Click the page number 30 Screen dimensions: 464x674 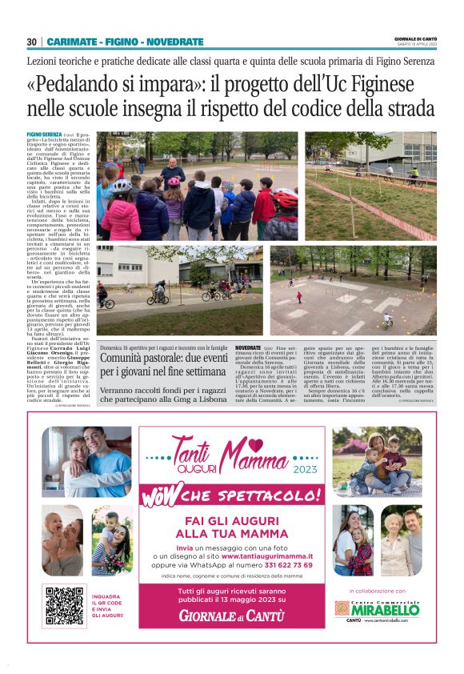32,42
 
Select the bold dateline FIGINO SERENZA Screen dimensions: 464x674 44,134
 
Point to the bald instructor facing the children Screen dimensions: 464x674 170,170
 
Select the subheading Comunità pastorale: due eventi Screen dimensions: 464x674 164,363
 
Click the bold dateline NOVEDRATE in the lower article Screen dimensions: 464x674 249,350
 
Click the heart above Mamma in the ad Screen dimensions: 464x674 255,443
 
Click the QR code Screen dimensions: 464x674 65,606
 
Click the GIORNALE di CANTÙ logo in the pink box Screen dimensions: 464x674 232,616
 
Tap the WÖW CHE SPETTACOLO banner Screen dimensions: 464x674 231,494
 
